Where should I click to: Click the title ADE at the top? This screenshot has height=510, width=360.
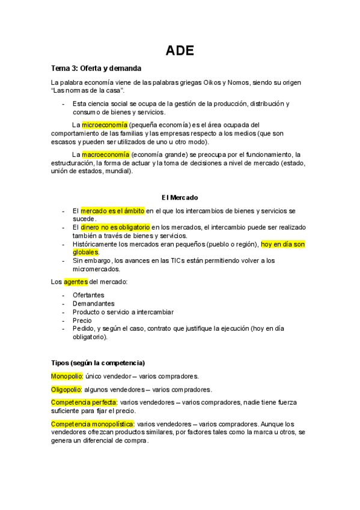coord(180,50)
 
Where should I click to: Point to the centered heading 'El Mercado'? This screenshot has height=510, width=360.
coord(180,197)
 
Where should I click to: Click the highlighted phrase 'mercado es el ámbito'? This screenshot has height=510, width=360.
coord(112,210)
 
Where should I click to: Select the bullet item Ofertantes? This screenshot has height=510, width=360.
coord(88,295)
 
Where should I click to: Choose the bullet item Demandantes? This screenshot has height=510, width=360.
coord(93,304)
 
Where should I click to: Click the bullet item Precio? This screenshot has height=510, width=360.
coord(82,321)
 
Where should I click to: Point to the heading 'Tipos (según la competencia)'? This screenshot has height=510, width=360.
coord(98,363)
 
